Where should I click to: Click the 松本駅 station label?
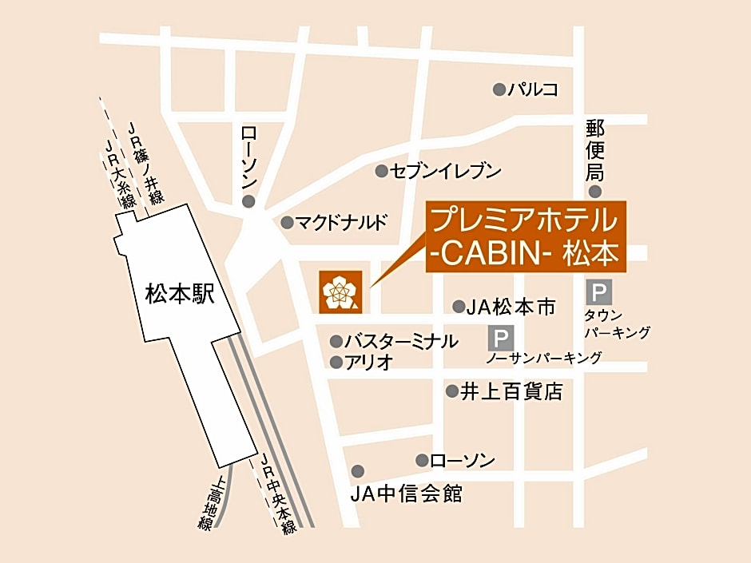pos(181,295)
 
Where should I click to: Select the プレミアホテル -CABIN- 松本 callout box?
pos(525,236)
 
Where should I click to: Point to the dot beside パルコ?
pos(499,89)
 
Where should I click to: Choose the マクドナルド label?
pos(342,222)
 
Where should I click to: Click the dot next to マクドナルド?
pos(287,222)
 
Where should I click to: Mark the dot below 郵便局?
pos(595,191)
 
